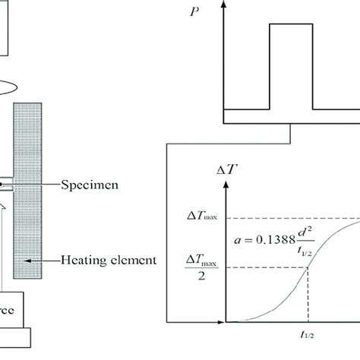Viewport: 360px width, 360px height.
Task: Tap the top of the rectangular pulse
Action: [292, 24]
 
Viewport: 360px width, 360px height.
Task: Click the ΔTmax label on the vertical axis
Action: [201, 218]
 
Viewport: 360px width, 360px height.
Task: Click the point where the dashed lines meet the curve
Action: [308, 266]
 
